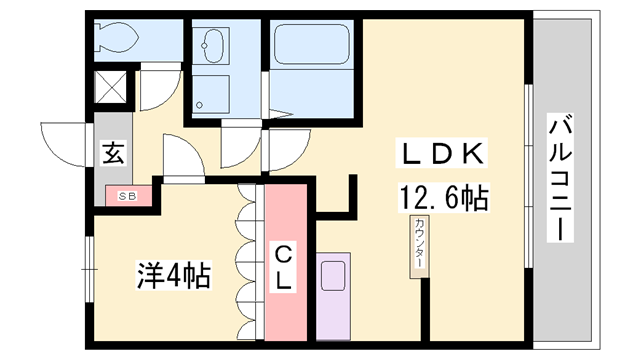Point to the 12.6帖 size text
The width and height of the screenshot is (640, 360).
[x=445, y=198]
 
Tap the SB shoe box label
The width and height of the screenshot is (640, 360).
[x=129, y=197]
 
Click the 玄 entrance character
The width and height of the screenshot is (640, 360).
[x=113, y=155]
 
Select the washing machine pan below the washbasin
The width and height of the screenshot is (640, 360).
[x=213, y=95]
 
